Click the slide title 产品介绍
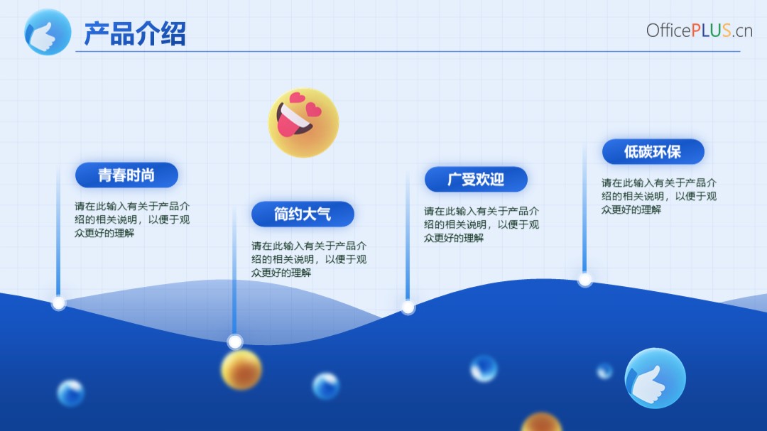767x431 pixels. [135, 33]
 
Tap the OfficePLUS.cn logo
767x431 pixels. [699, 31]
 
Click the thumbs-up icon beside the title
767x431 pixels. [48, 32]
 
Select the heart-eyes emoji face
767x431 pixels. [303, 123]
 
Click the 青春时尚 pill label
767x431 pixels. [126, 175]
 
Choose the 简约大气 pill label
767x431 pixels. [303, 214]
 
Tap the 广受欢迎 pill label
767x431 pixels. [476, 179]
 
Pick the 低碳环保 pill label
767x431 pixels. [653, 152]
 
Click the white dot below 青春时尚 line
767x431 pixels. [59, 303]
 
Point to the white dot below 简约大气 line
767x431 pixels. [235, 342]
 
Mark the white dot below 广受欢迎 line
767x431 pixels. [408, 307]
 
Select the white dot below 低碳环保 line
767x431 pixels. [585, 280]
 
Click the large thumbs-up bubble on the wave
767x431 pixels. [655, 378]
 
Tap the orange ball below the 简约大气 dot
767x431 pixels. [241, 369]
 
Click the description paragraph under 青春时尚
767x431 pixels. [132, 219]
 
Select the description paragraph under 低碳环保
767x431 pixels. [659, 196]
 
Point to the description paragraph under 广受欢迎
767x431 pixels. [482, 224]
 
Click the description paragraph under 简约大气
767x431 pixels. [309, 259]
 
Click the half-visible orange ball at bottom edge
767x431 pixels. [541, 422]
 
